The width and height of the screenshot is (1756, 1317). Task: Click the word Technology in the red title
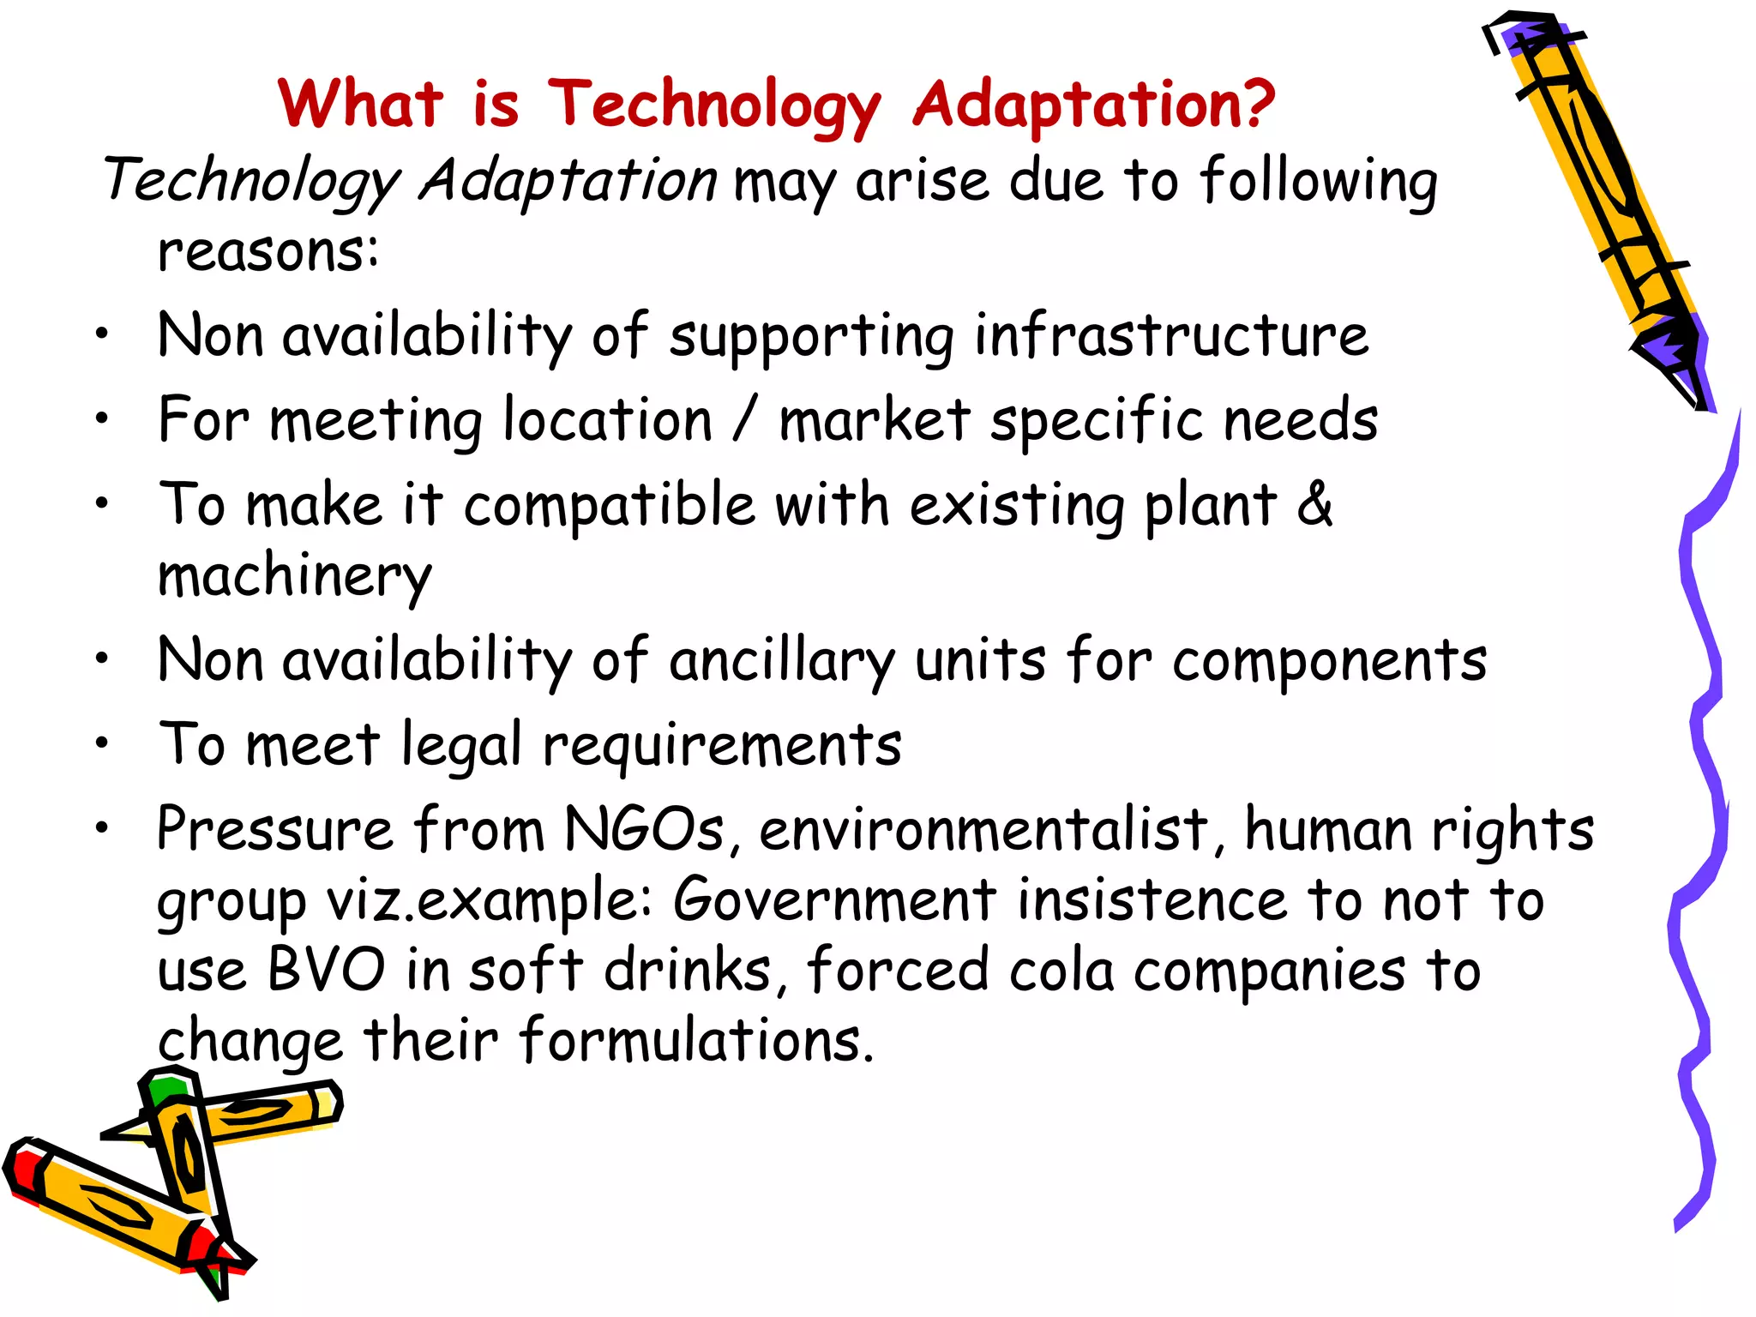713,106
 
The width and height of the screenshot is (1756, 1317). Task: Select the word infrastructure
1171,335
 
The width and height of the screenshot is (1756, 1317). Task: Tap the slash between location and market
745,420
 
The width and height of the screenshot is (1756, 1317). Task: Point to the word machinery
294,576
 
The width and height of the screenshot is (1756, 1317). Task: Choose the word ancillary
781,661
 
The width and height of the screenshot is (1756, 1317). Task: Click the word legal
461,744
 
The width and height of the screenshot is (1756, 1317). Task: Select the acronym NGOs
645,830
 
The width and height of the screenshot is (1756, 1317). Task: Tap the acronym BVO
327,970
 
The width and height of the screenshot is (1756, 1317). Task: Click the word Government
834,900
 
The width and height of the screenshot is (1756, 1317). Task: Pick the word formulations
696,1040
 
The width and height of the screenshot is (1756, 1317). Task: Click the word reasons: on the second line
268,252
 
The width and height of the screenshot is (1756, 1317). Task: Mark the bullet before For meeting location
102,418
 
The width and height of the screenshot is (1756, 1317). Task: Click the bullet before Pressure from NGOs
102,828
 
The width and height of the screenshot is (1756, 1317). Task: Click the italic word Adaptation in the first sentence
568,182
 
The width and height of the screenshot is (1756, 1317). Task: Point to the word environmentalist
983,830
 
